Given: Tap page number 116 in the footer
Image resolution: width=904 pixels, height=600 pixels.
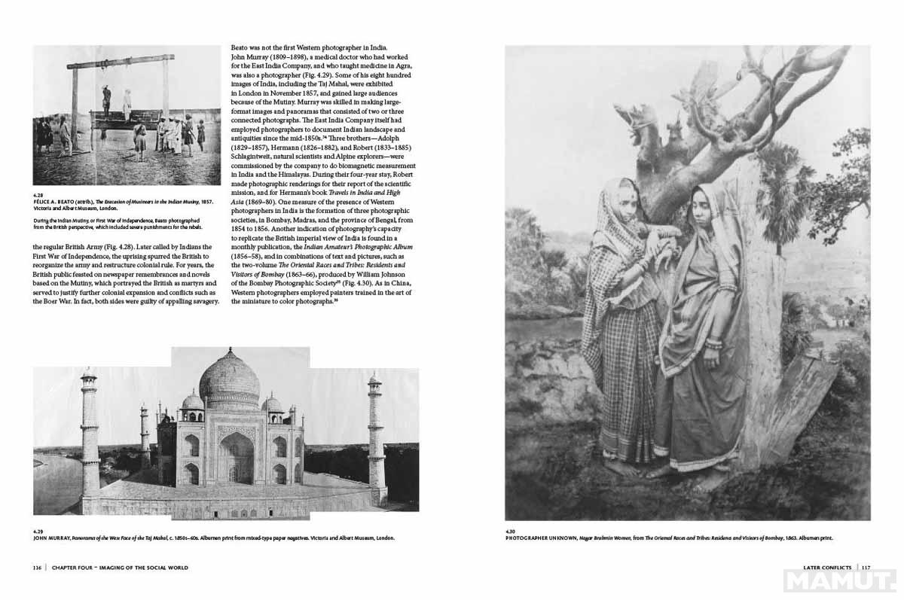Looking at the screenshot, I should (x=37, y=567).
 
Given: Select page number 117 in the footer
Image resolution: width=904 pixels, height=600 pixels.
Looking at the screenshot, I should (x=866, y=567).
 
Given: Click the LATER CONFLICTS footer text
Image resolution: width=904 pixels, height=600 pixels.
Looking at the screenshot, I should (x=827, y=567).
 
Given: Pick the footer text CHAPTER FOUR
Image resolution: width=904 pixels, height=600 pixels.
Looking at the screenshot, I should (x=76, y=567).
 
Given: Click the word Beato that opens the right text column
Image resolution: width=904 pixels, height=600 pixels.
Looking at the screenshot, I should (x=240, y=48).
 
